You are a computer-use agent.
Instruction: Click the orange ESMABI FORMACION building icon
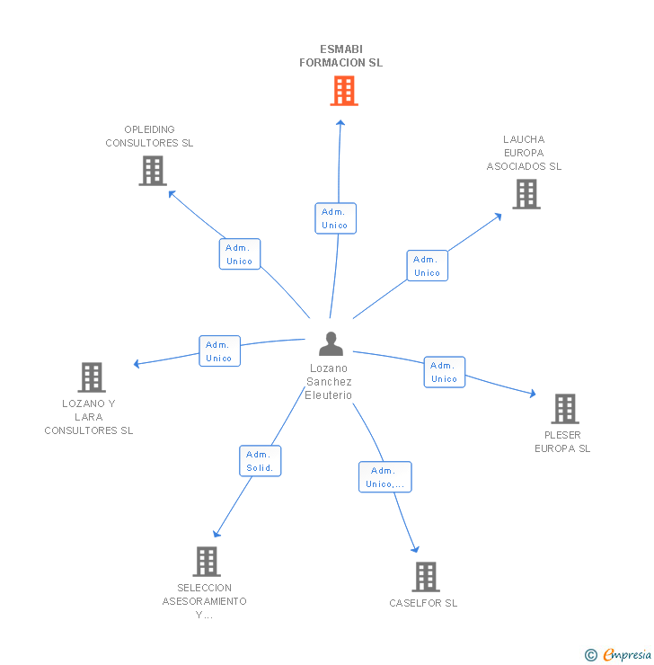tap(343, 91)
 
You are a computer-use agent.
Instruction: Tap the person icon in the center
tap(331, 344)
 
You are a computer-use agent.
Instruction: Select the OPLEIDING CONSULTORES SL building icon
tap(153, 171)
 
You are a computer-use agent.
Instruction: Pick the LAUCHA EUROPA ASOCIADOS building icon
tap(526, 194)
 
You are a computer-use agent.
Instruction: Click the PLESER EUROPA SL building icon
tap(564, 409)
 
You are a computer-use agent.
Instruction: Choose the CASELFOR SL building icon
tap(425, 577)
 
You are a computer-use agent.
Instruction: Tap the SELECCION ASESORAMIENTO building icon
tap(207, 562)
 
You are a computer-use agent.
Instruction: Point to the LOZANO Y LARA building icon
tap(92, 377)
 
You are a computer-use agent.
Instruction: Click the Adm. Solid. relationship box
tap(261, 461)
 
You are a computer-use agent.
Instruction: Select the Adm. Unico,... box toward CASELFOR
tap(384, 477)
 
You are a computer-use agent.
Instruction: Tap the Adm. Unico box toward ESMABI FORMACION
tap(335, 218)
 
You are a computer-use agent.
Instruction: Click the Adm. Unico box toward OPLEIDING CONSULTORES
tap(239, 254)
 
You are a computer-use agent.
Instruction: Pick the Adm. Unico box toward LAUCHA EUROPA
tap(427, 266)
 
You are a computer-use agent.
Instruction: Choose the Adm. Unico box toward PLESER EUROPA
tap(444, 372)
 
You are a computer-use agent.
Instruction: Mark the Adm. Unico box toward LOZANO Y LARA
tap(219, 351)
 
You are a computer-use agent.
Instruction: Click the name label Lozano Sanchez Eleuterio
tap(329, 382)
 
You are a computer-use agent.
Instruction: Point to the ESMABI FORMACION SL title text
tap(340, 56)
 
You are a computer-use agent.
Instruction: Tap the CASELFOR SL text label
tap(423, 603)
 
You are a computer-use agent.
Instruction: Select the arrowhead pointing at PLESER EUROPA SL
tap(532, 394)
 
